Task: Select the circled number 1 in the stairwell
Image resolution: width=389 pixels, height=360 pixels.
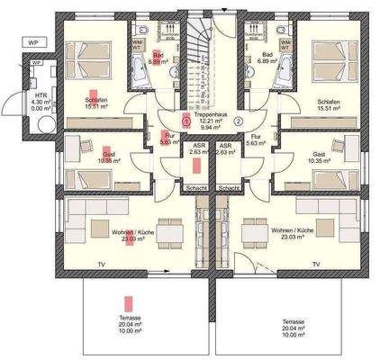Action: coord(185,120)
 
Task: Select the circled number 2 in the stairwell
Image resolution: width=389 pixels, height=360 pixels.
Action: coord(239,120)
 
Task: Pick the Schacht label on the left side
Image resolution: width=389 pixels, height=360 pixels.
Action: coord(192,188)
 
